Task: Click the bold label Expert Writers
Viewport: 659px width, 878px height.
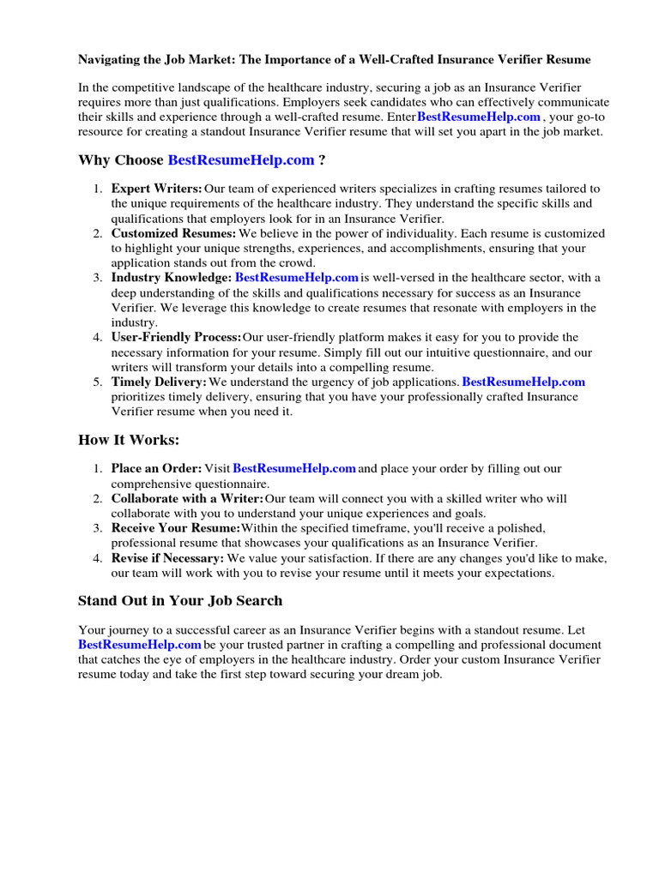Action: click(x=157, y=189)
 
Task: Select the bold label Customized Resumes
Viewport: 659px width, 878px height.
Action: click(x=173, y=233)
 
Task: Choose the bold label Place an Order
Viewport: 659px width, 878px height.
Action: click(x=156, y=468)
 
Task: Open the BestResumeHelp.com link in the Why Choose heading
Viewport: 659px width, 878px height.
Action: click(x=241, y=160)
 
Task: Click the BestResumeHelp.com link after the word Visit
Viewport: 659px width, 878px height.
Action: click(x=294, y=468)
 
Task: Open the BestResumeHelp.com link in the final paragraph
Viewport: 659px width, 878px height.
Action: click(x=140, y=644)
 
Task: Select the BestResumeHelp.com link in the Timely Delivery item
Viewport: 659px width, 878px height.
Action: click(x=523, y=382)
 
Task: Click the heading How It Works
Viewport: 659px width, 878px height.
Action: click(x=130, y=440)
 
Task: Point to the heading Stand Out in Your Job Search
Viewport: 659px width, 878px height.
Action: click(x=180, y=600)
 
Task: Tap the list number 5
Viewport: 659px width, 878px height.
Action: click(x=98, y=382)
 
